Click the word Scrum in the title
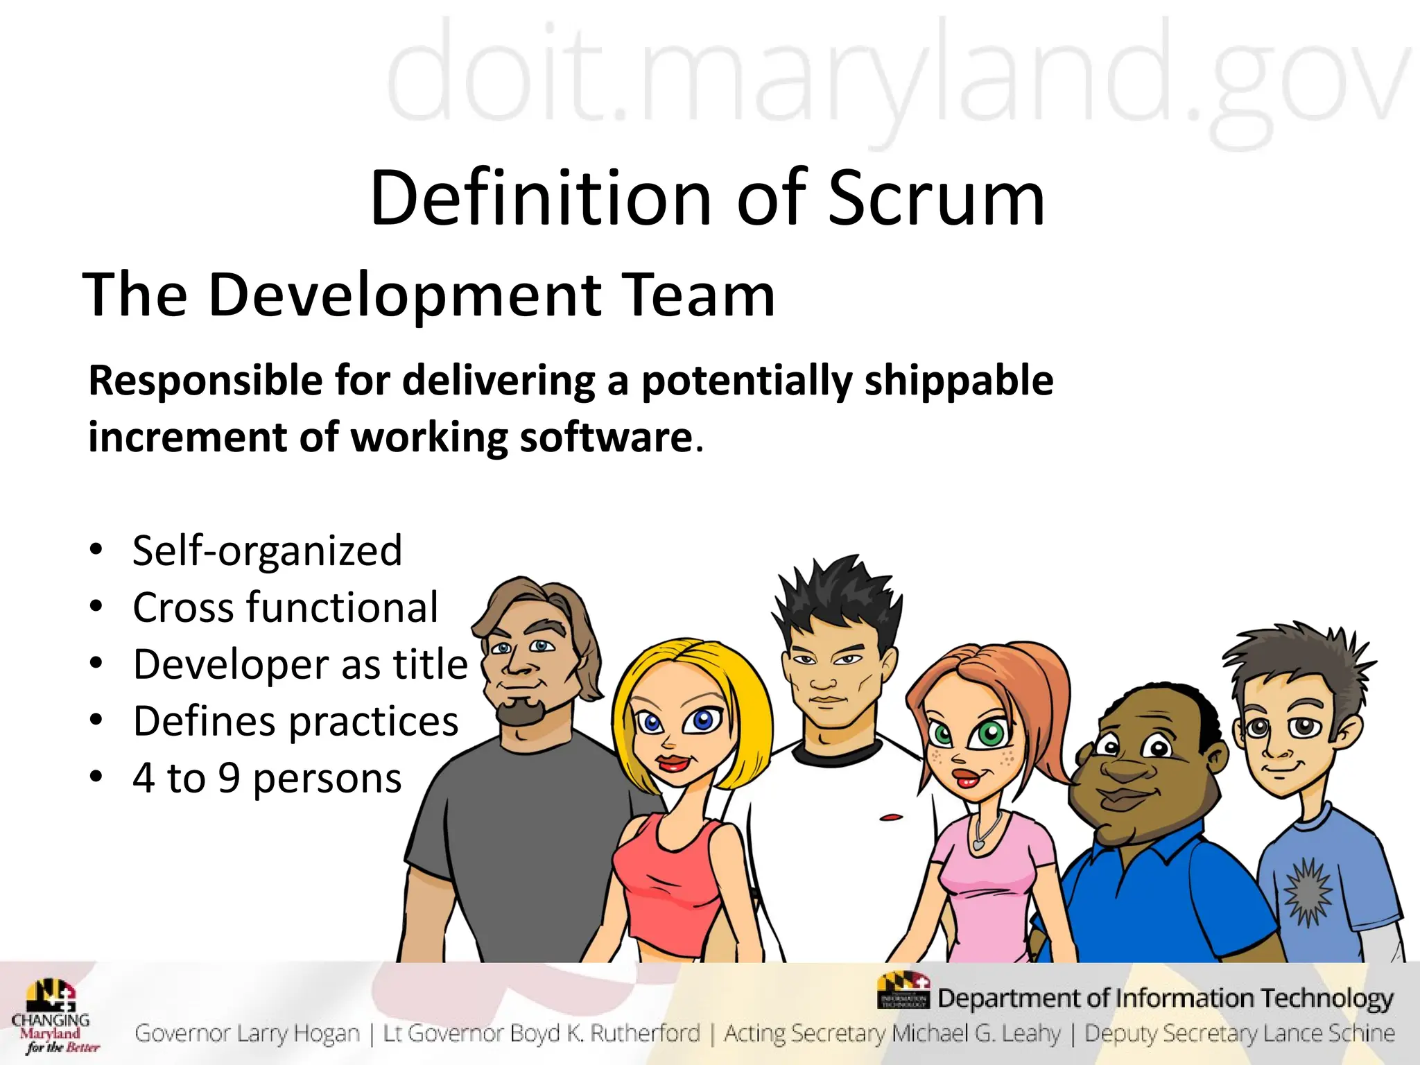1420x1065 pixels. (936, 199)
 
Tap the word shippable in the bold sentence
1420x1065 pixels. (958, 381)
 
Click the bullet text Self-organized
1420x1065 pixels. (267, 551)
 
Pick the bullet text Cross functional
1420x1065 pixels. (285, 607)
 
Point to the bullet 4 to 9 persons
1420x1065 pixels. (267, 778)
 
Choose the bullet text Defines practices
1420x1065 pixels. (295, 721)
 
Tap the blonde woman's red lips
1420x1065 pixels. (672, 763)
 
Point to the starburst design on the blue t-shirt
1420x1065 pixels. (1308, 891)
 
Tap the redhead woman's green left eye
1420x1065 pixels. (990, 732)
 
